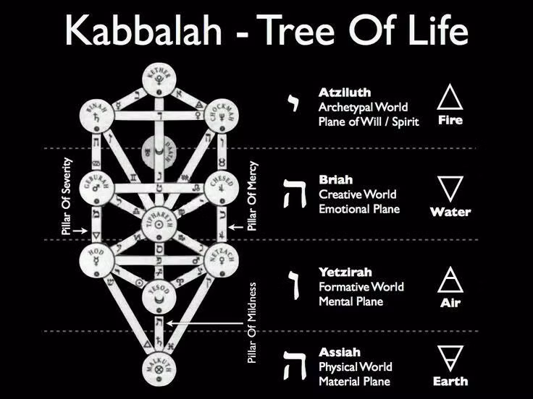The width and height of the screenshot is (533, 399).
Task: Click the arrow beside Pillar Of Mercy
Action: tap(236, 228)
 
